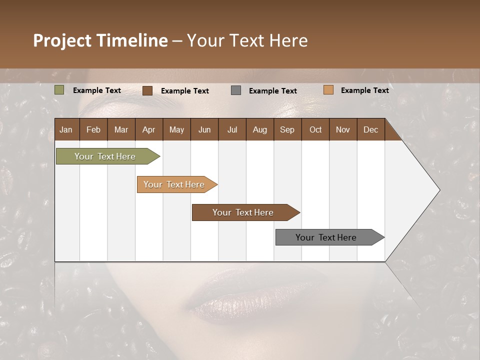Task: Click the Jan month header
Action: (x=66, y=129)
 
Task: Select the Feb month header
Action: (x=93, y=129)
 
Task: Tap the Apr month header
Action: (x=149, y=129)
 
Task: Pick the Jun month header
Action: (x=204, y=129)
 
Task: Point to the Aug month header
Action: (x=260, y=129)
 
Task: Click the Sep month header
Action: (x=287, y=129)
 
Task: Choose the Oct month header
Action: (x=315, y=129)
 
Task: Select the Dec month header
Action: (x=371, y=129)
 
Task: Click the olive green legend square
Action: (x=59, y=90)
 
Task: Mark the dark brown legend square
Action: (x=147, y=90)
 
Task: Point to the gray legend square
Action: (x=236, y=90)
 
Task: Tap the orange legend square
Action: (x=328, y=90)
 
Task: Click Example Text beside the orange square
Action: (x=364, y=90)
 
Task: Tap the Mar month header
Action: (x=121, y=129)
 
